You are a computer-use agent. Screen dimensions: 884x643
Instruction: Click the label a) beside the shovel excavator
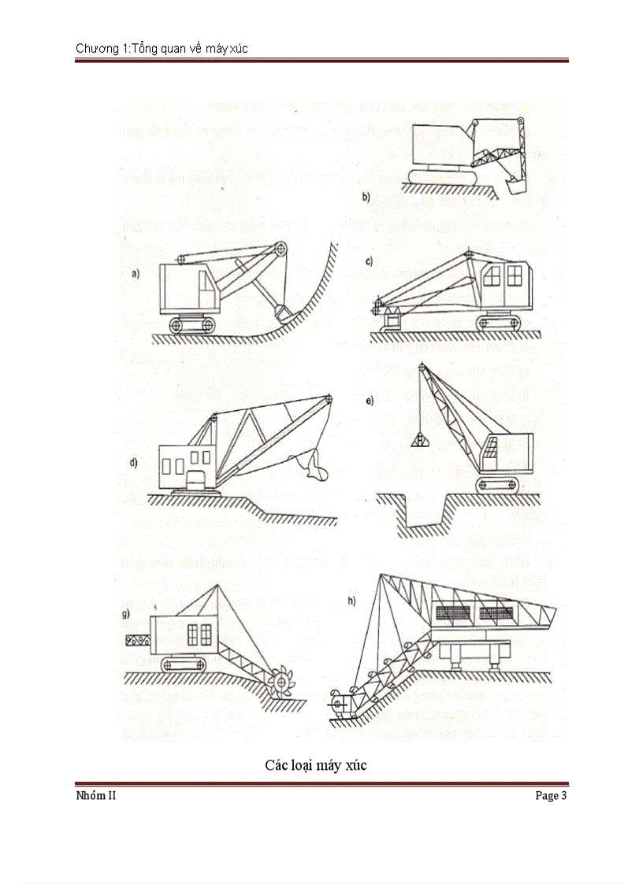coord(136,274)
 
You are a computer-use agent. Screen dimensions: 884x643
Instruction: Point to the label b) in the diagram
coord(366,197)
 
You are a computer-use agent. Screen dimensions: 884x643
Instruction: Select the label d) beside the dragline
coord(134,462)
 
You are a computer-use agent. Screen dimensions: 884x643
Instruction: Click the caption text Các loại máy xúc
coord(315,765)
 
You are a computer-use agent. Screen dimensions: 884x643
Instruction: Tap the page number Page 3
coord(551,796)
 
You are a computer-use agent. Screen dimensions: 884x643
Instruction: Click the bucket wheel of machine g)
coord(280,682)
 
